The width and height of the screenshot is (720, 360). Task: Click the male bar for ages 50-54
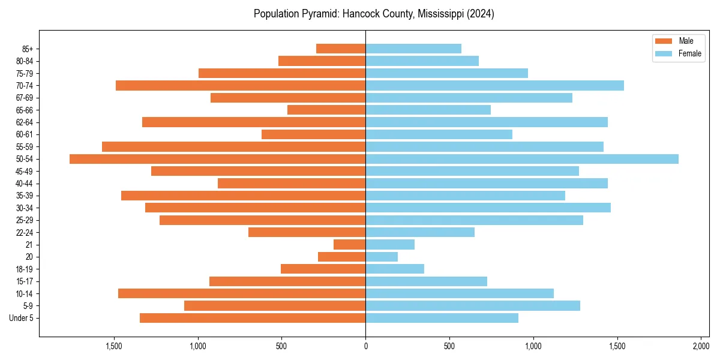(217, 159)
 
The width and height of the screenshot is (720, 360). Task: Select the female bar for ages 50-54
(522, 159)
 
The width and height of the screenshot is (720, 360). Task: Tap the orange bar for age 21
(350, 245)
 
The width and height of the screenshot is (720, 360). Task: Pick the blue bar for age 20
(382, 257)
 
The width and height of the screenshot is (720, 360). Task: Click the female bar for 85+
(413, 49)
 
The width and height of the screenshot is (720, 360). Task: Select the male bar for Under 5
(253, 318)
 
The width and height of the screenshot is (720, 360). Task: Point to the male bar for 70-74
(241, 85)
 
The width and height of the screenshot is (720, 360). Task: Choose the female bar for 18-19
(395, 269)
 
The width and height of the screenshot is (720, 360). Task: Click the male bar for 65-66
(326, 110)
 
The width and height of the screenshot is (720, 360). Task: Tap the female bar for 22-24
(420, 232)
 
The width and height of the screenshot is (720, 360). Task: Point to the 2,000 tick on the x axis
(701, 346)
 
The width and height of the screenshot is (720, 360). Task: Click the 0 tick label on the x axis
(365, 346)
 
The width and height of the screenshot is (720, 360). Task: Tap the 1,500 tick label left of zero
(114, 346)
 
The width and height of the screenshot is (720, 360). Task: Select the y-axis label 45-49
(25, 171)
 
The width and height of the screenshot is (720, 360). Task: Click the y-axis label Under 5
(22, 318)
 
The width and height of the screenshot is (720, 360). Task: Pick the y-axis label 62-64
(25, 122)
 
